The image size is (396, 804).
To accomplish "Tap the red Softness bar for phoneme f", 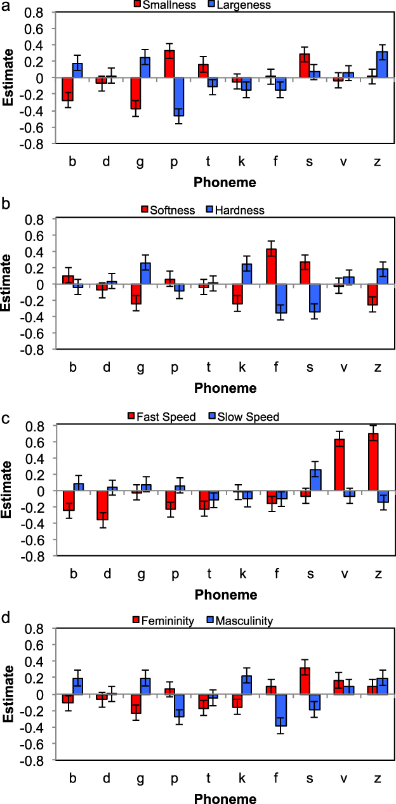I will (x=271, y=267).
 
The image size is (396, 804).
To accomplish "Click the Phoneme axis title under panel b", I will (x=226, y=388).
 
